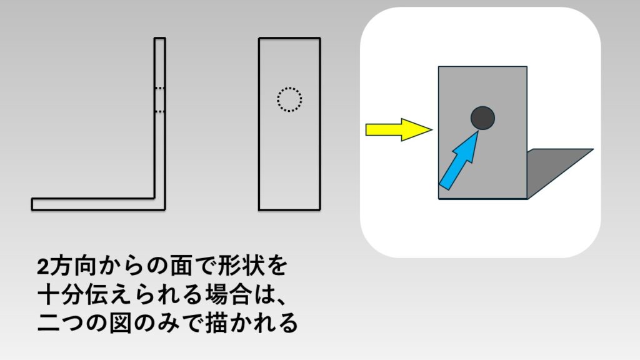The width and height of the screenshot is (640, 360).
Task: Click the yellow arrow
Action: [399, 130]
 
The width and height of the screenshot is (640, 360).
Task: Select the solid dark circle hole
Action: [482, 118]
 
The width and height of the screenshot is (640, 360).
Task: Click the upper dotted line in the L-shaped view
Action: [160, 87]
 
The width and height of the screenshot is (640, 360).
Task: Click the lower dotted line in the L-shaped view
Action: [160, 111]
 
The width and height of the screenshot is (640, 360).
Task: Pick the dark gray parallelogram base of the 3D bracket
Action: [559, 174]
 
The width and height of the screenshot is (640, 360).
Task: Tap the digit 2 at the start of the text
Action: [43, 267]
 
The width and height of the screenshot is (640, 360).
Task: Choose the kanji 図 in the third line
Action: [120, 323]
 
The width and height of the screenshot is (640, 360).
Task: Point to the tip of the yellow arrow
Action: [432, 130]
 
